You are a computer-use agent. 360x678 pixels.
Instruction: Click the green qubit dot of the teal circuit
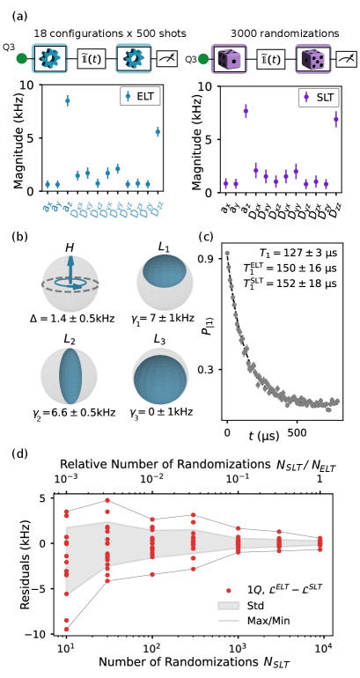[22, 59]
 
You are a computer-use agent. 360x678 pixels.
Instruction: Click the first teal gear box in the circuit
[50, 59]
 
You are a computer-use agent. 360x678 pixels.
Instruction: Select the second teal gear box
[134, 59]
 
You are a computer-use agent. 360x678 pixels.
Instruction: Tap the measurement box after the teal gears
[167, 59]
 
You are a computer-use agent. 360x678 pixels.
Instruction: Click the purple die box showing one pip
[229, 59]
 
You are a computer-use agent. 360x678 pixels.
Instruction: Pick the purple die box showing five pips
[312, 59]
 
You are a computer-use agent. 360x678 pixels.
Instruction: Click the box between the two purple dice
[271, 59]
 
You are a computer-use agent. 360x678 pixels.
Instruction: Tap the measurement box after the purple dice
[347, 59]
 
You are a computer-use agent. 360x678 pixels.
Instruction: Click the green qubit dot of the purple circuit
[203, 59]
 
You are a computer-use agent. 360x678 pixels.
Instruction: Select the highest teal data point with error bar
[128, 96]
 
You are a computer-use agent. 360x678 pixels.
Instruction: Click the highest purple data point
[306, 97]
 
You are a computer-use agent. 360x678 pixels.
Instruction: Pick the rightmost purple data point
[335, 118]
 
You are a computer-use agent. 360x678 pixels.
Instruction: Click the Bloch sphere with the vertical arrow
[70, 284]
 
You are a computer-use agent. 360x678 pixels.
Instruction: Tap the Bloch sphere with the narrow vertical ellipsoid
[69, 376]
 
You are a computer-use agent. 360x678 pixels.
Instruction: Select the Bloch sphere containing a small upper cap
[164, 283]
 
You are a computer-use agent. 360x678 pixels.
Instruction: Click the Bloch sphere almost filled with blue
[159, 377]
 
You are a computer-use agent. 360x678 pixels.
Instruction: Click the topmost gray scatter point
[227, 254]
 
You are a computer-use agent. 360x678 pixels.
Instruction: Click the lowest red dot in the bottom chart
[66, 629]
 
